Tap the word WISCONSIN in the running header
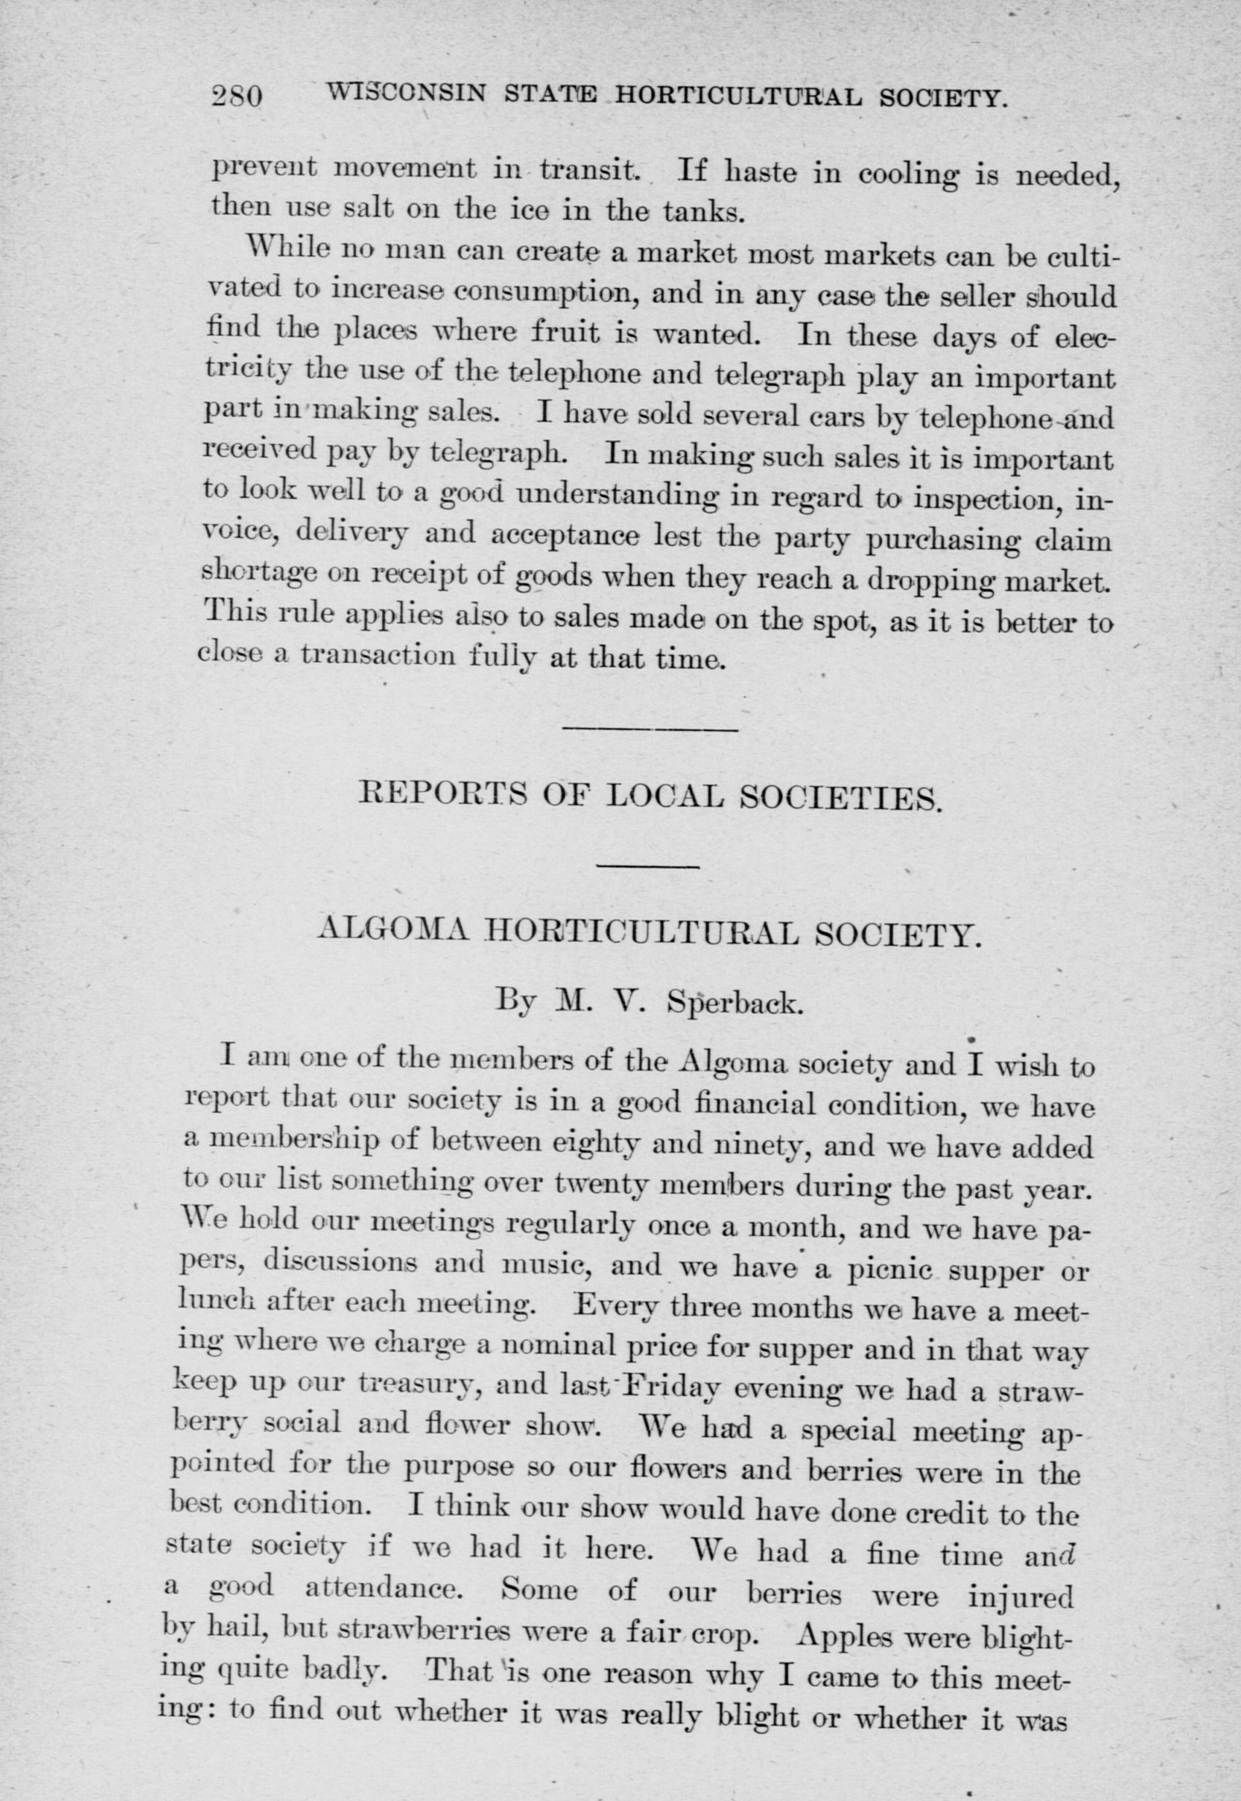(x=406, y=95)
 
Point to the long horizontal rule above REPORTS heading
(x=648, y=729)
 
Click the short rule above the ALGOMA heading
(x=648, y=865)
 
